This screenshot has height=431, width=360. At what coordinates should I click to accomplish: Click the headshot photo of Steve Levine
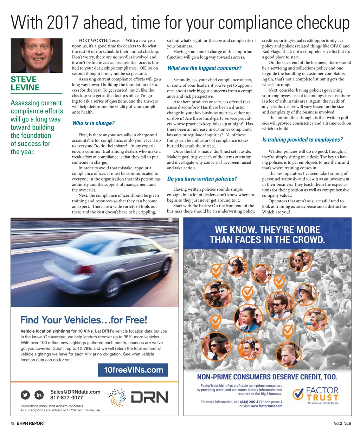click(37, 55)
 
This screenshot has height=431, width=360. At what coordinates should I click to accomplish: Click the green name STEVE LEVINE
click(25, 84)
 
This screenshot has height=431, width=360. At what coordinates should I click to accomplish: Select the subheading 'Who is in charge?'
click(93, 123)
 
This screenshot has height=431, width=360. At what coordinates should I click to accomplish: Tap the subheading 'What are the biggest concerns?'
click(204, 68)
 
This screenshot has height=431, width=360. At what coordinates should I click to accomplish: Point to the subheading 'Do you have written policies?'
click(202, 179)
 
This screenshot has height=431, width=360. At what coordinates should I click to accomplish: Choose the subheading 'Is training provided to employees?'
click(302, 140)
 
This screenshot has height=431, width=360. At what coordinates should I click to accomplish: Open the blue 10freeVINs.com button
click(133, 370)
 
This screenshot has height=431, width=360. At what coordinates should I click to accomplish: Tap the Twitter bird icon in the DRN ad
click(25, 395)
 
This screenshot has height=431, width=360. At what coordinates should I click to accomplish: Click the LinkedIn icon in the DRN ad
click(39, 395)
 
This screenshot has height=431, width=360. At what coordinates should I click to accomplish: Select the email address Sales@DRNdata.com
click(75, 392)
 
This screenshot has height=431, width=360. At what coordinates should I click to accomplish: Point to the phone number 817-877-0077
click(66, 398)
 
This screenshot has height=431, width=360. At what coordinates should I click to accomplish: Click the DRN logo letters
click(149, 397)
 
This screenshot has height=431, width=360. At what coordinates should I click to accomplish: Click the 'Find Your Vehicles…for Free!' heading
click(84, 320)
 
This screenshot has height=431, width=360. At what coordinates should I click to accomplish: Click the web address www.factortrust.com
click(266, 406)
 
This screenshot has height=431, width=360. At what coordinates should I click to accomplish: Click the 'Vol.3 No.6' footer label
click(342, 423)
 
